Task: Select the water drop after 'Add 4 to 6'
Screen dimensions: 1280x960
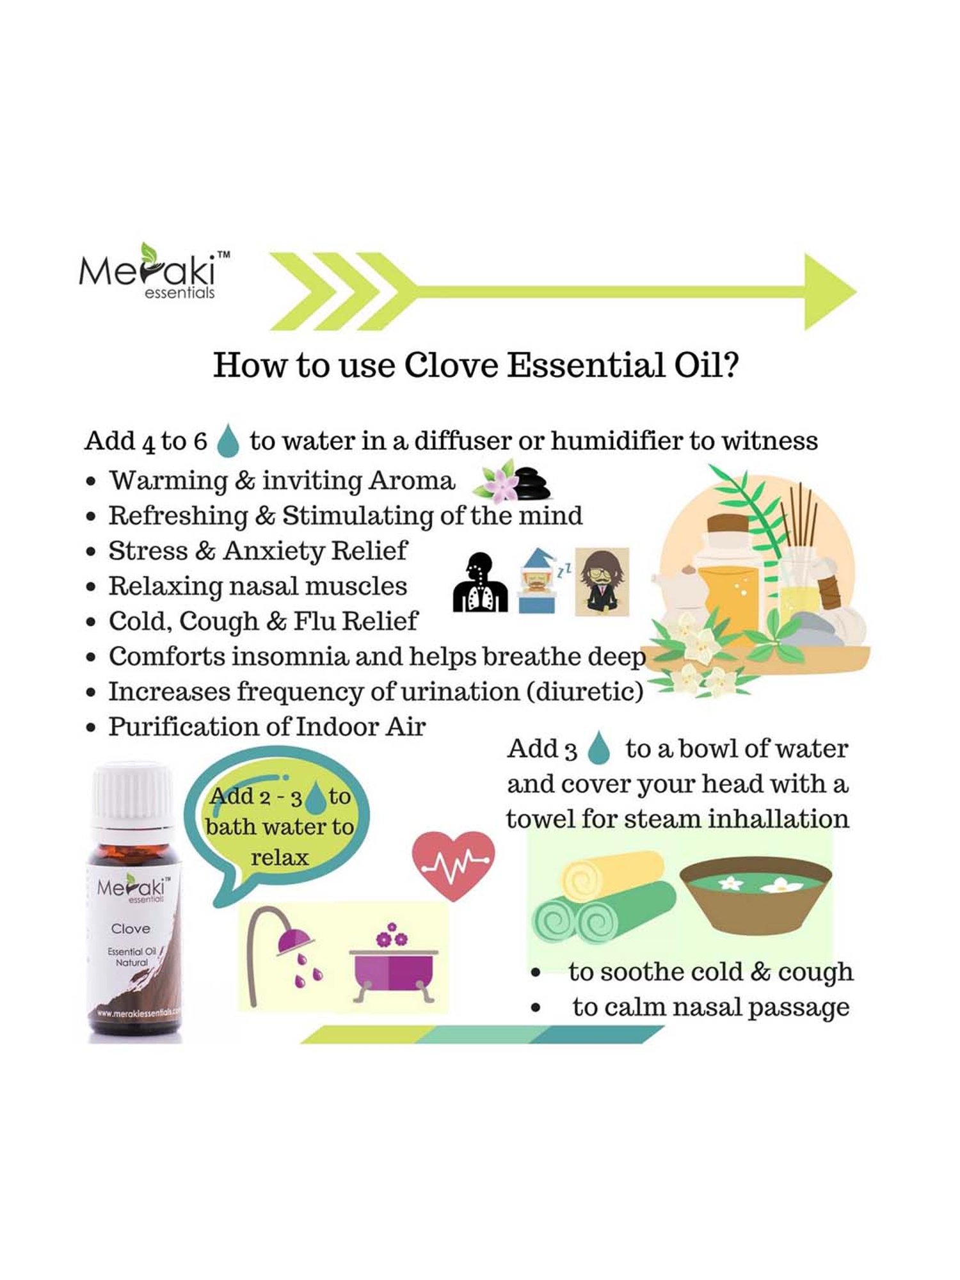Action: [228, 440]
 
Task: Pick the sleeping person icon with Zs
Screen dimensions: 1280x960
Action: [538, 581]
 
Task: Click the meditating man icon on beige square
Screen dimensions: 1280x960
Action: [601, 581]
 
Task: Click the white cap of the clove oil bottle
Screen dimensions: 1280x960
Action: [133, 794]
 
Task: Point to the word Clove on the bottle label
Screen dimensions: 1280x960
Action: [131, 928]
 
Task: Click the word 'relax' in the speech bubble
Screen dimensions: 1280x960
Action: [279, 857]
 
